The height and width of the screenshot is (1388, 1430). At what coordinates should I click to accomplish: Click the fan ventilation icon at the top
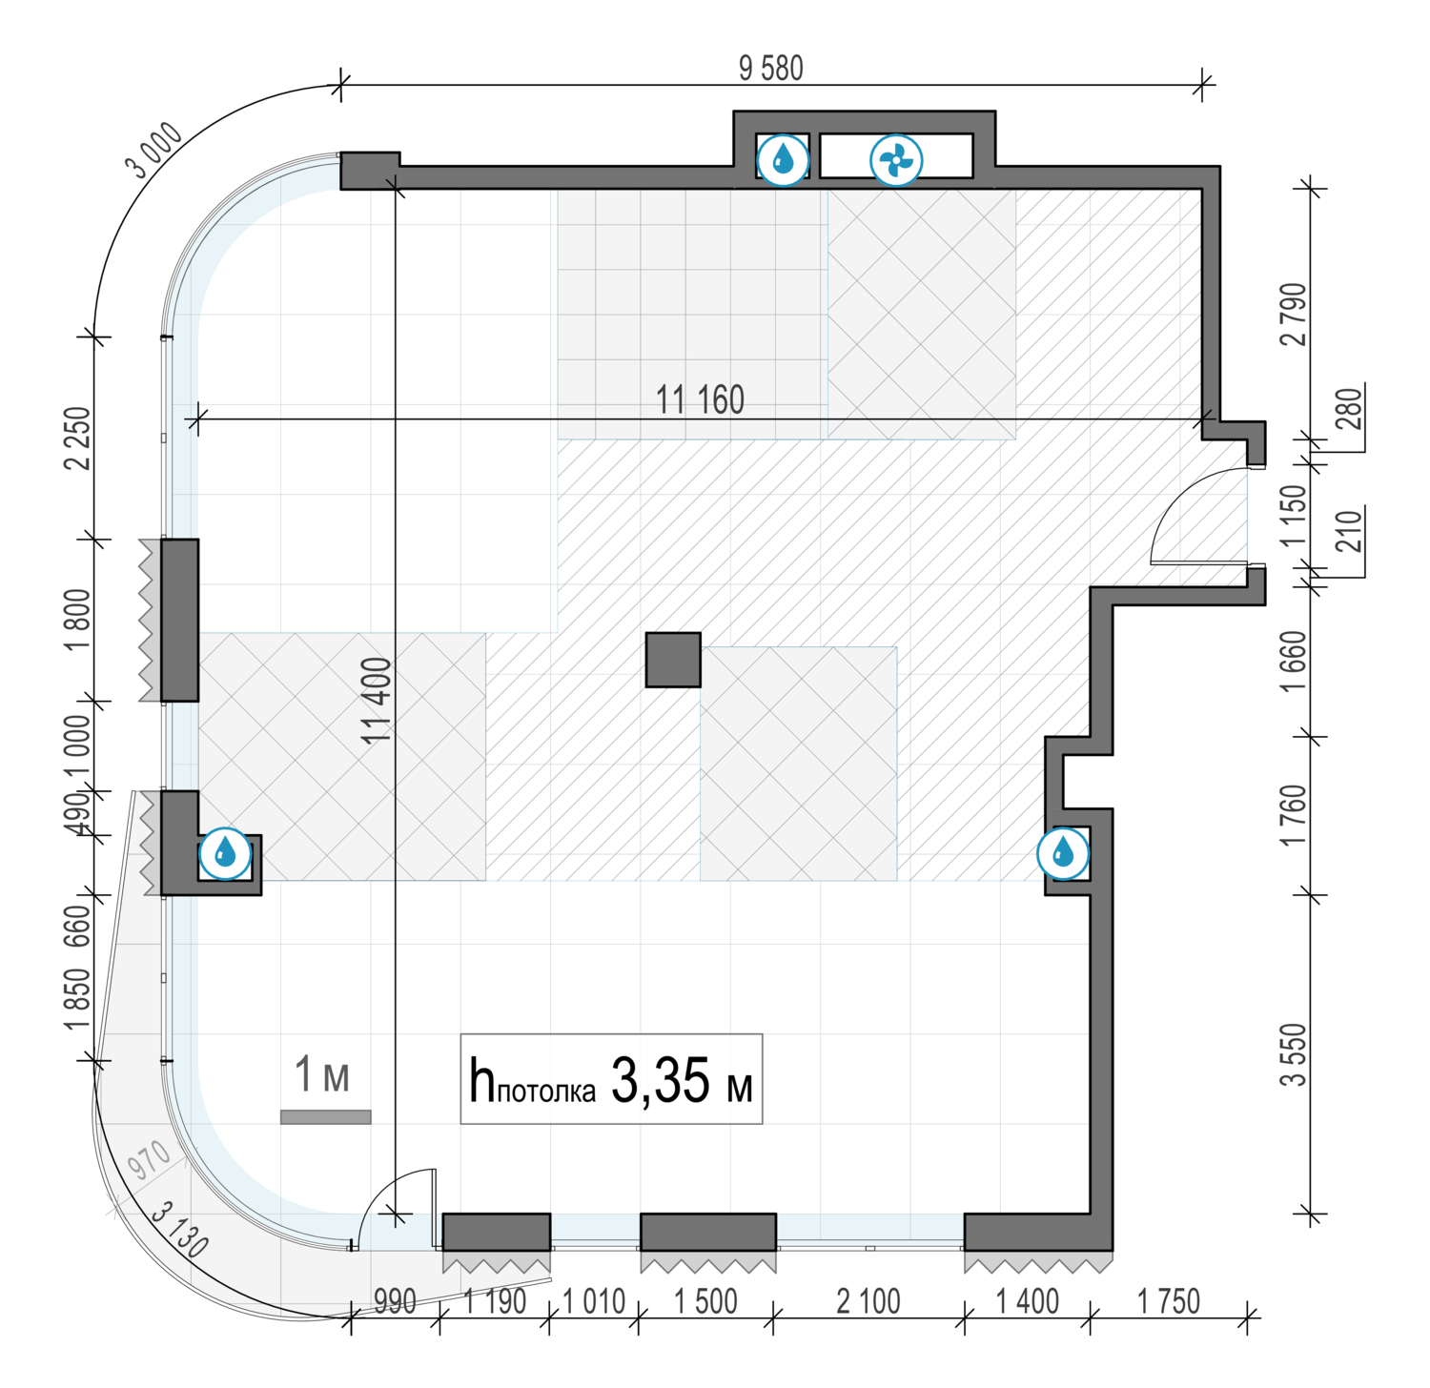[896, 159]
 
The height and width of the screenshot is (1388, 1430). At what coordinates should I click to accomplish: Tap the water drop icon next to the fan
[784, 159]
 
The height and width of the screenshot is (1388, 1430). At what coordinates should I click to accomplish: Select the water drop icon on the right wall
[1063, 853]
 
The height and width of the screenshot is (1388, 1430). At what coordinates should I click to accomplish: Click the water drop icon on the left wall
[225, 853]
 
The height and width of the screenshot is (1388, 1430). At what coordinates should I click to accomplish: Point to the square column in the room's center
[673, 660]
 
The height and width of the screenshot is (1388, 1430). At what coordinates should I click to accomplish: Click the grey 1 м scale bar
[325, 1117]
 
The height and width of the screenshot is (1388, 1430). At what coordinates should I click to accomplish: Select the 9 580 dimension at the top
[771, 69]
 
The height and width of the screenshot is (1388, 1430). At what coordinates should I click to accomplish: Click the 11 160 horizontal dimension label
[700, 400]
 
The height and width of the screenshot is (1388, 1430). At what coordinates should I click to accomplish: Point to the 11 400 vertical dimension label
[378, 701]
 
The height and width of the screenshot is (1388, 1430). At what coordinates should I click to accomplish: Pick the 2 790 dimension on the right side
[1296, 314]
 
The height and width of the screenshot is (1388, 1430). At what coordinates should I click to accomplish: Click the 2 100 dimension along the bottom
[868, 1301]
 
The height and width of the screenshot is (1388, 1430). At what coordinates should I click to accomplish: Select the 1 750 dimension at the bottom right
[1169, 1301]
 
